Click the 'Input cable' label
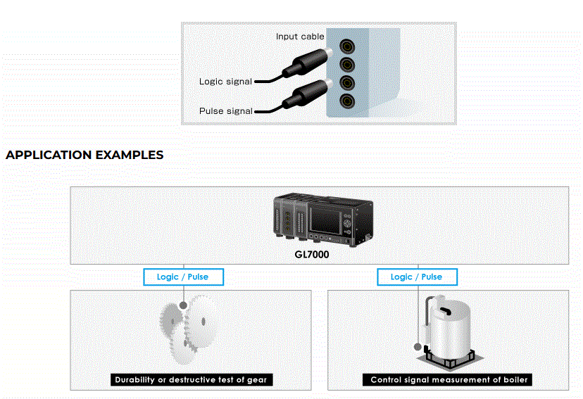click(300, 36)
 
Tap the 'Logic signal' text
click(225, 82)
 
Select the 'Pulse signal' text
click(225, 111)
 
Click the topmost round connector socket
click(346, 47)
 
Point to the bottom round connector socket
click(346, 101)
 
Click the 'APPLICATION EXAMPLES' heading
click(84, 155)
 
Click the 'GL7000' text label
click(311, 255)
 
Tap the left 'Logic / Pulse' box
click(183, 277)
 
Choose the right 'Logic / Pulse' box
click(416, 277)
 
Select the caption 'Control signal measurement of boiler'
click(449, 380)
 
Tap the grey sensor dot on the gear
click(184, 305)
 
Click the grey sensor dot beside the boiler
click(418, 346)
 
